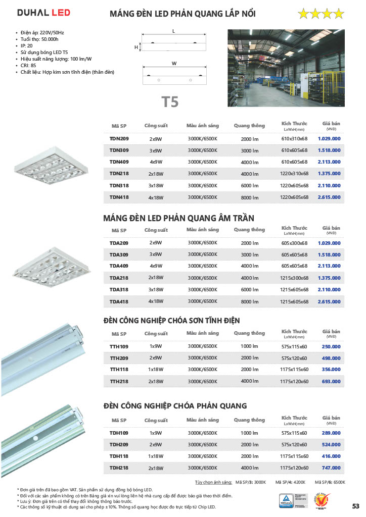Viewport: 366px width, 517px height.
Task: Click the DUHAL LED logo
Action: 43,13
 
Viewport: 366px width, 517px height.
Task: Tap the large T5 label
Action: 170,101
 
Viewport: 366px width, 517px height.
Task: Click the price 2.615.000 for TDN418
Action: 329,197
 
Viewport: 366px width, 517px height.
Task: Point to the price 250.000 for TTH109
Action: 331,346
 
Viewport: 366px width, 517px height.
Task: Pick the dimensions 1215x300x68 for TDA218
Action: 294,278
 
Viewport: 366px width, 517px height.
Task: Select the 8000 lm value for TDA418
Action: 250,302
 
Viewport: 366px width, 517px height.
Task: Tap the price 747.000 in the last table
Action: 331,468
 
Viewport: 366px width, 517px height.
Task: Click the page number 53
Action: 355,506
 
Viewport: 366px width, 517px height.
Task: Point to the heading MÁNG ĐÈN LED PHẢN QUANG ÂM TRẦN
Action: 178,218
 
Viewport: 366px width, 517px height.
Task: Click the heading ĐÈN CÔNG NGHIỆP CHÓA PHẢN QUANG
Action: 175,405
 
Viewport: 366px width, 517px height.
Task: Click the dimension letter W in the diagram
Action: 173,64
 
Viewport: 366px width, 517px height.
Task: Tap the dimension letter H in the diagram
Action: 136,47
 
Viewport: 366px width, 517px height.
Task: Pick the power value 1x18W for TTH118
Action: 156,370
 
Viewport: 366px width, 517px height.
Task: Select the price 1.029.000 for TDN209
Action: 329,138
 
